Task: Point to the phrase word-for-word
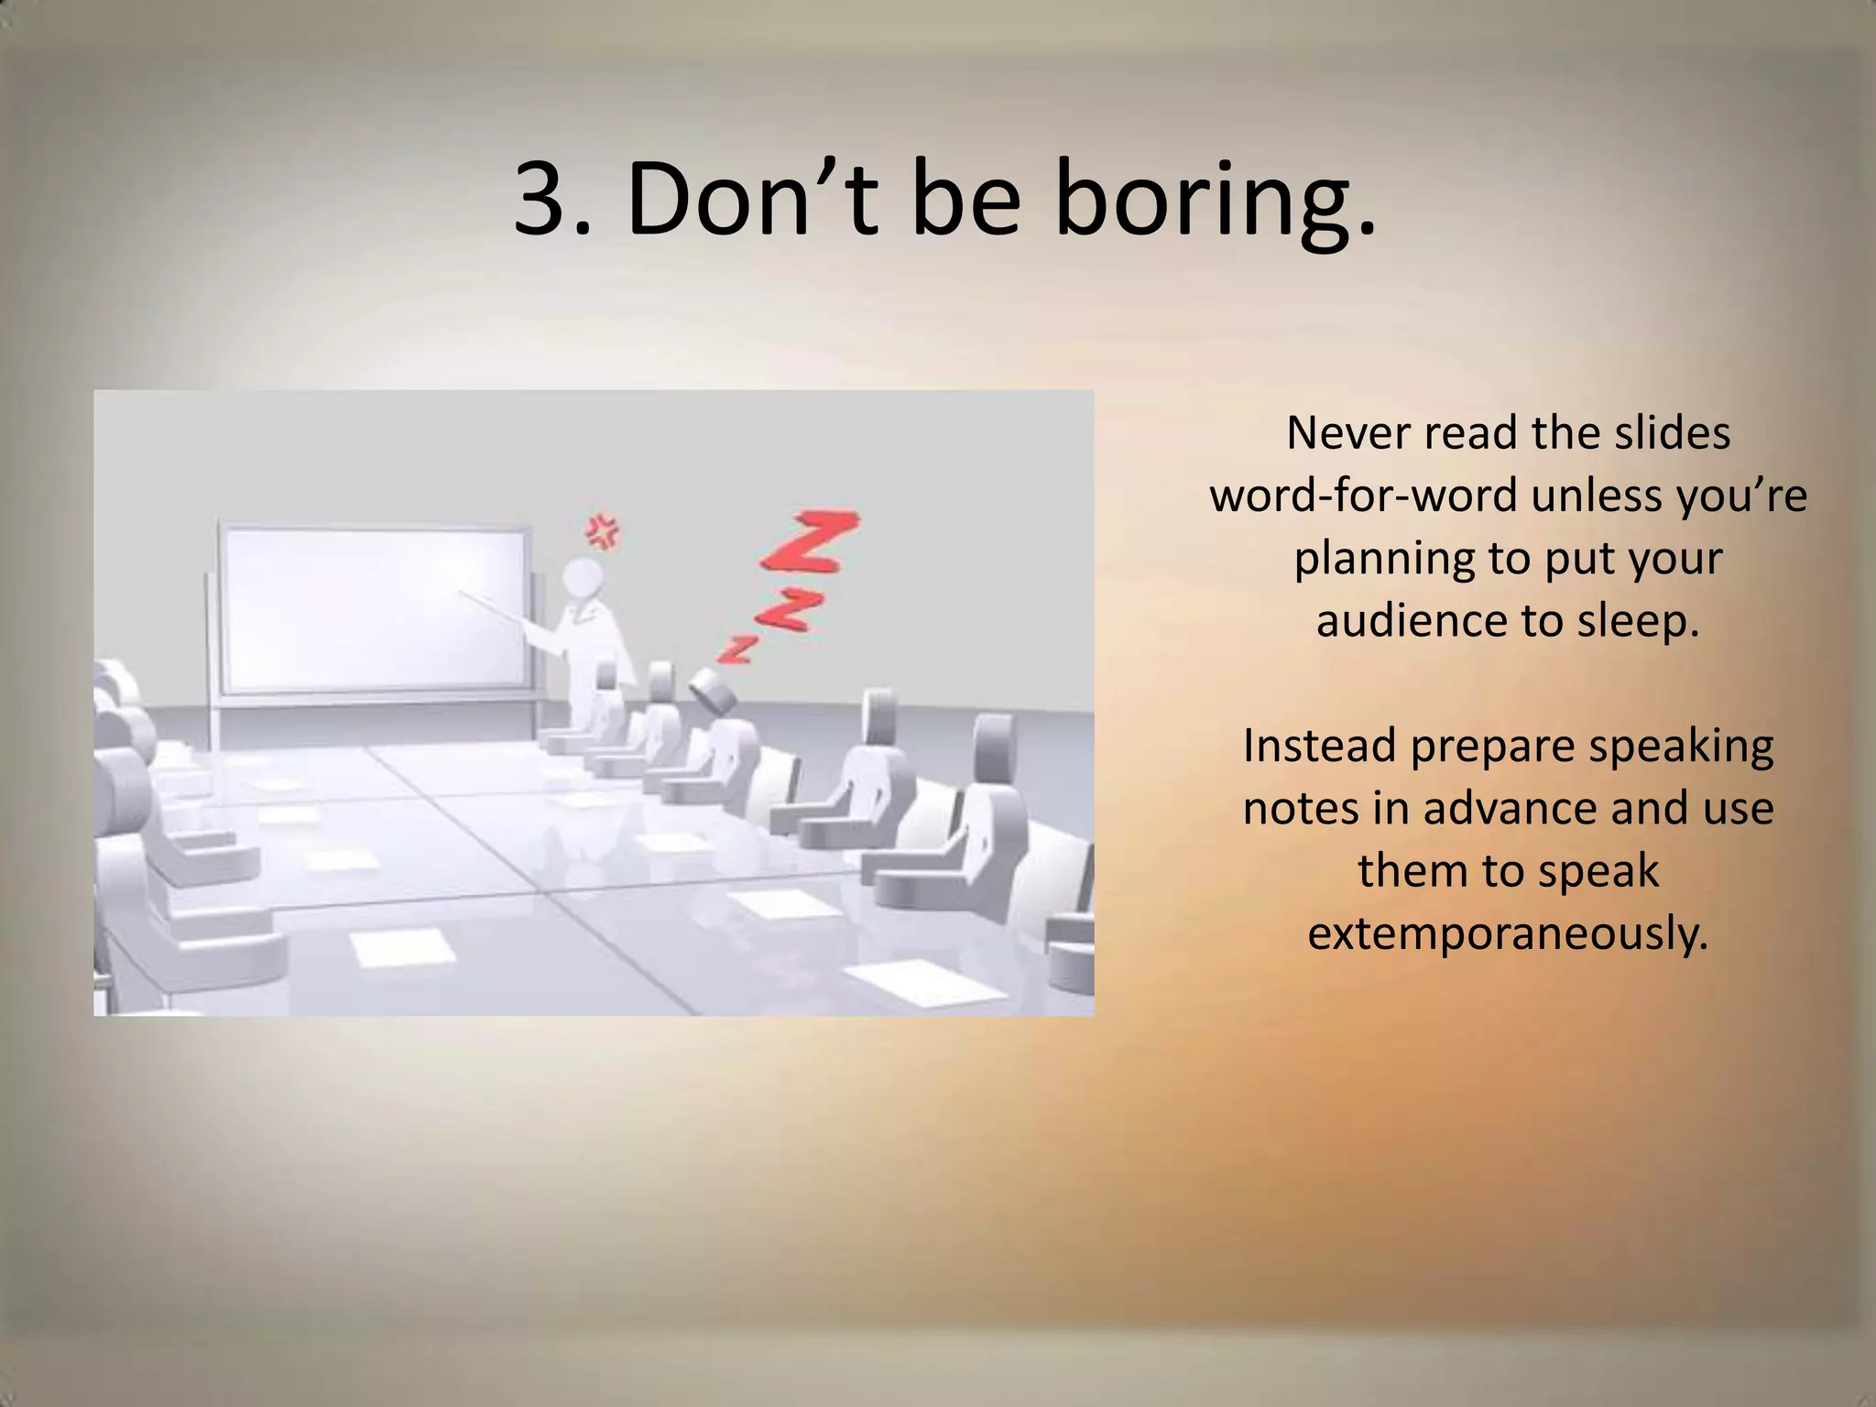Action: point(1361,496)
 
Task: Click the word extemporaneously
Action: point(1508,933)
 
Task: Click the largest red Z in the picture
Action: point(810,541)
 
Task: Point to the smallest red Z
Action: point(736,648)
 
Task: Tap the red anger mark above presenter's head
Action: point(603,530)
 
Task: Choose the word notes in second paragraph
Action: point(1300,808)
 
